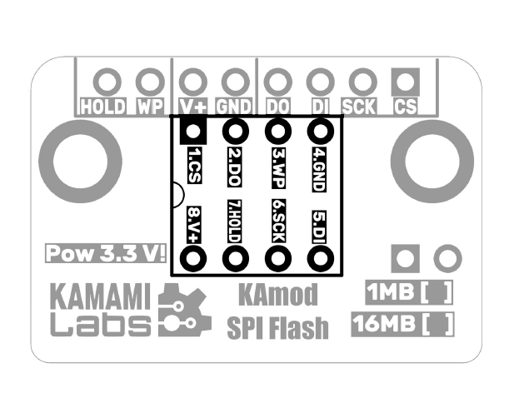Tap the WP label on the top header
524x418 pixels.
click(150, 107)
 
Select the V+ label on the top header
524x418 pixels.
click(193, 107)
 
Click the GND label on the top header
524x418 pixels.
click(234, 107)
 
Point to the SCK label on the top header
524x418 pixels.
click(359, 107)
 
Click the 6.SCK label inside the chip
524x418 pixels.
click(278, 222)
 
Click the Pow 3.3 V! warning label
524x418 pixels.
click(106, 253)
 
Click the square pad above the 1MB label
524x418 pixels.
click(405, 258)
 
